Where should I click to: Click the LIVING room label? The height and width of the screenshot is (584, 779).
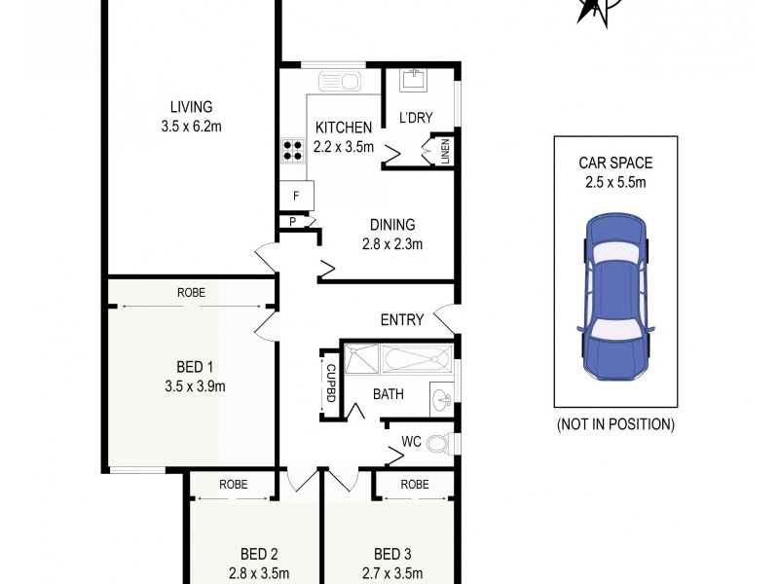(x=191, y=107)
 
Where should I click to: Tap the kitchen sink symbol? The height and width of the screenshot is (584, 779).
(x=342, y=81)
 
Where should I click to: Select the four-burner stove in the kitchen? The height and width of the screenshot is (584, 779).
(x=293, y=151)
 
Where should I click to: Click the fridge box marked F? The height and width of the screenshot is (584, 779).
(x=296, y=196)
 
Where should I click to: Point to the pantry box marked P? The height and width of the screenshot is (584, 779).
(x=292, y=222)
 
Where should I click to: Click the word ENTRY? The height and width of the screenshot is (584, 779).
(x=401, y=319)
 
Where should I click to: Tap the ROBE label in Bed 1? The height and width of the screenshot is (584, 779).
(x=191, y=292)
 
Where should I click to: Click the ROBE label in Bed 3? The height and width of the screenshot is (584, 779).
(x=414, y=484)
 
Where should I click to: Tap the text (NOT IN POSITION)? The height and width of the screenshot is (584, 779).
(x=615, y=424)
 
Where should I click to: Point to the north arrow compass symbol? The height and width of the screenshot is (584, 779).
(x=590, y=12)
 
